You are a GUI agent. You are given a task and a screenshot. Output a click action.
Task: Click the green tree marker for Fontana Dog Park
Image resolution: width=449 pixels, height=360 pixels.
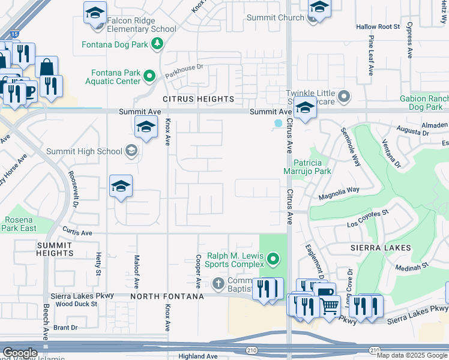[157, 43]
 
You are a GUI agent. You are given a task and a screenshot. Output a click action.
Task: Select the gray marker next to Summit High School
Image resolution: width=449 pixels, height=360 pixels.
[131, 151]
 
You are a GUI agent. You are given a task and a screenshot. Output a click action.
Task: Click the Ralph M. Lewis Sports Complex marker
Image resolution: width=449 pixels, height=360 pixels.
[274, 259]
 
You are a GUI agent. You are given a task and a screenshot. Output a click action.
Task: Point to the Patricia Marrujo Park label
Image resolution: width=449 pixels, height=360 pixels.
[312, 166]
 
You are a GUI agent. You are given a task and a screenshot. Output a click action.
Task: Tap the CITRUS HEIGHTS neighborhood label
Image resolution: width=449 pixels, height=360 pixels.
[197, 98]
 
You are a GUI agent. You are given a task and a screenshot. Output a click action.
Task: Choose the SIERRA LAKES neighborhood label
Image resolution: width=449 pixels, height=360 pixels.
[381, 248]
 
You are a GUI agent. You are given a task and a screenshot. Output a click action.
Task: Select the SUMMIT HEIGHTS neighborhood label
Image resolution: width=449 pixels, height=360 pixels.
[55, 249]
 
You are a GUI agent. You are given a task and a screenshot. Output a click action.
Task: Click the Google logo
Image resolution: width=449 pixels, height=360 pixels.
[20, 353]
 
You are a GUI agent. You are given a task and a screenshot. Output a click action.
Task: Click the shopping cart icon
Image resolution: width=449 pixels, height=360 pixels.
[328, 307]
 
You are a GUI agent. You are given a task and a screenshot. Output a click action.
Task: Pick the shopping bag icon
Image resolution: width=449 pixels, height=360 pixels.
[46, 67]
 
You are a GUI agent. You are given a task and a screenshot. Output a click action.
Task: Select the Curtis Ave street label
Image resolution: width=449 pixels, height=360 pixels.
[79, 232]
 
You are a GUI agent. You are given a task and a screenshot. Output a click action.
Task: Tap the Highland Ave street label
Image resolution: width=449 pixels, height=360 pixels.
[197, 356]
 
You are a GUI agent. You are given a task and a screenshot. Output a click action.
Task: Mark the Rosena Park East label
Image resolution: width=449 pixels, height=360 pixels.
[20, 224]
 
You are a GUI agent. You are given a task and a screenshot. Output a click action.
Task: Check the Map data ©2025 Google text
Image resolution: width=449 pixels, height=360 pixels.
[412, 355]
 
